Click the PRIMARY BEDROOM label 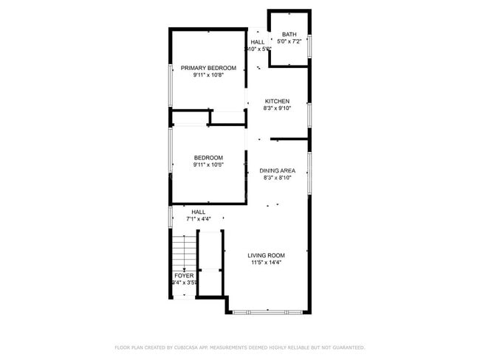tap(208, 68)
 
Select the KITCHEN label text tap(277, 101)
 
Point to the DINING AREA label tap(277, 170)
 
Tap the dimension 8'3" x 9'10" tap(277, 108)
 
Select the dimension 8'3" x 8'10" tap(277, 178)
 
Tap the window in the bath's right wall tap(309, 46)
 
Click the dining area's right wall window tap(309, 171)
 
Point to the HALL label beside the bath tap(257, 42)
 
